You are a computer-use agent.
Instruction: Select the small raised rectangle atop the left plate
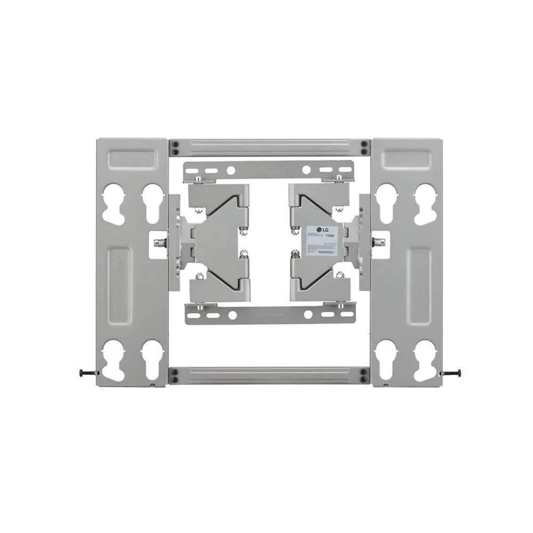133,159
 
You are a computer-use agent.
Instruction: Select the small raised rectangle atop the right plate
407,159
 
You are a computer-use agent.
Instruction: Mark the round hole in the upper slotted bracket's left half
231,171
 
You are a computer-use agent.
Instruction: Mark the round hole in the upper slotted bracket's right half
306,171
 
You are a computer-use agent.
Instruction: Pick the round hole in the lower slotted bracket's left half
232,315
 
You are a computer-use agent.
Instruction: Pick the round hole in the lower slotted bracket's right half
308,314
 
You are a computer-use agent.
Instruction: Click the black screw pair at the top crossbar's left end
174,147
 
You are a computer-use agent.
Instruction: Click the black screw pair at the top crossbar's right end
364,147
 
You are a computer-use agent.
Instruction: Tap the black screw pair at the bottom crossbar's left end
174,375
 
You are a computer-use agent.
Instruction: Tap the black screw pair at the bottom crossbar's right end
364,375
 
